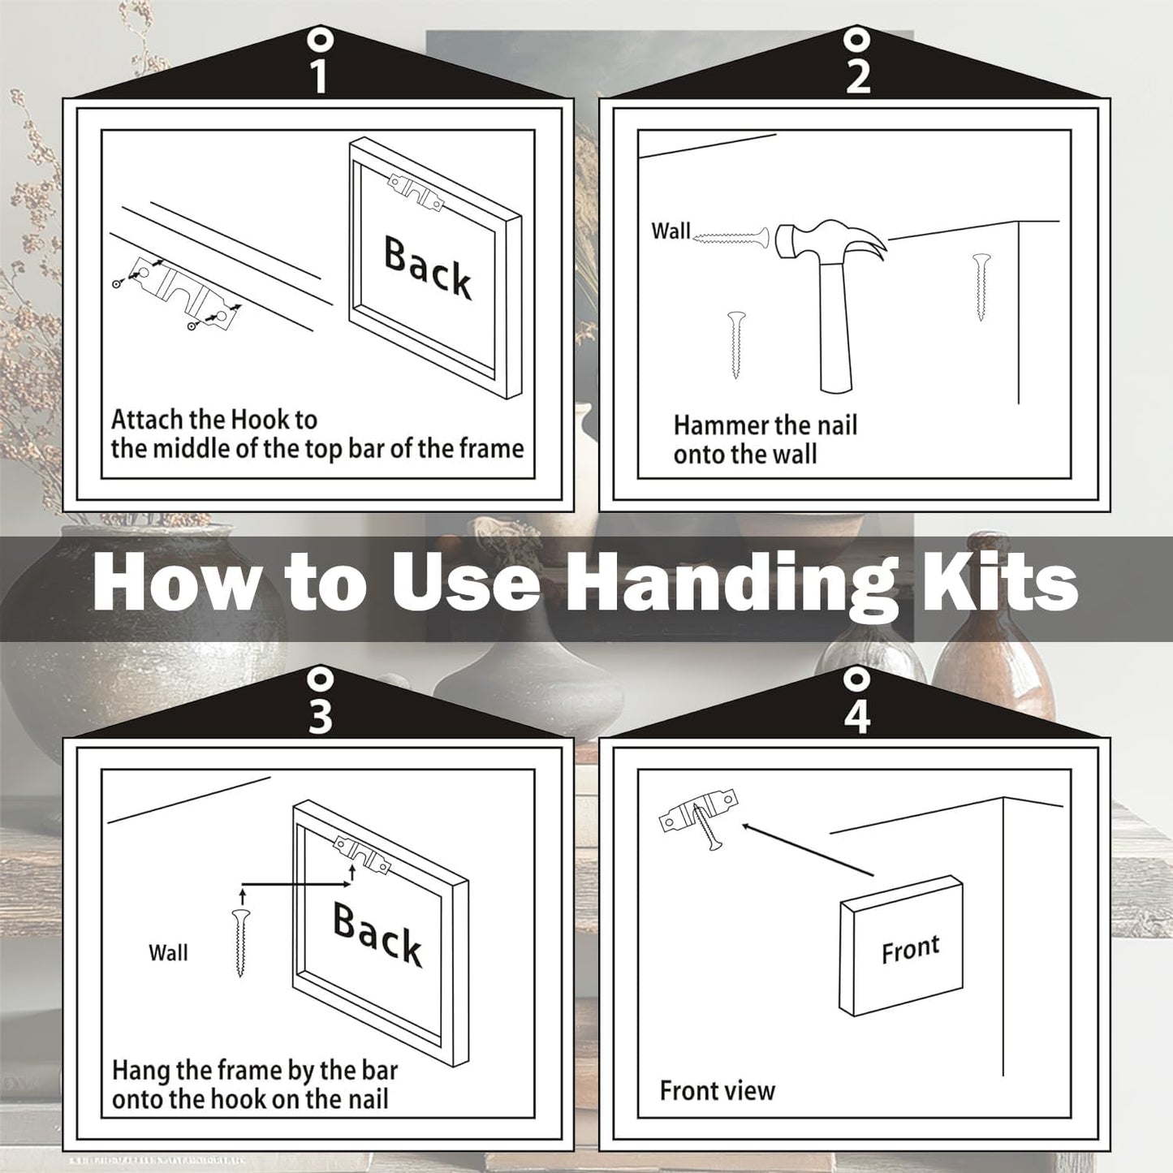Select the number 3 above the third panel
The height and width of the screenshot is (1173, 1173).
(x=321, y=717)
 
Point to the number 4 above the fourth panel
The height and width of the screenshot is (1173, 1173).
(x=857, y=717)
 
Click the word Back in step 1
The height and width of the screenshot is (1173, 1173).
(x=427, y=269)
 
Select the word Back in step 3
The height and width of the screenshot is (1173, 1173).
(x=377, y=937)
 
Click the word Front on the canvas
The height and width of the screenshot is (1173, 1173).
(x=911, y=949)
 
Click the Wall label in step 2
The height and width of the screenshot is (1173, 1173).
(x=671, y=231)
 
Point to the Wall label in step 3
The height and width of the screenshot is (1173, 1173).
(x=168, y=953)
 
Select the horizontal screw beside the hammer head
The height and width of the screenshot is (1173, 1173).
(x=731, y=237)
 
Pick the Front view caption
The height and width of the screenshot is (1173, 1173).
(x=718, y=1091)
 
